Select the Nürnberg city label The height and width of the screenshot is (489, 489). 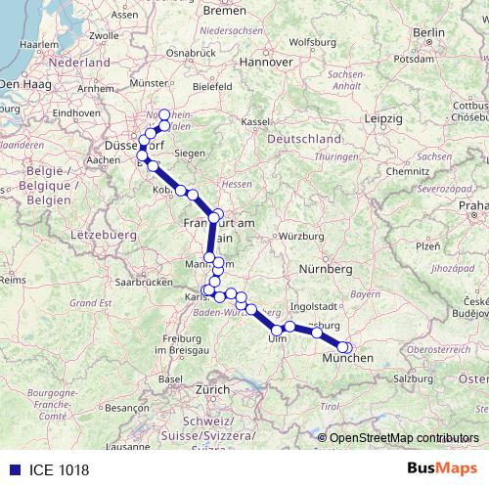[x=325, y=268]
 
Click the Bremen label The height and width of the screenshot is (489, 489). [x=225, y=11]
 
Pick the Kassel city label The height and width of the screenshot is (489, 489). [x=254, y=121]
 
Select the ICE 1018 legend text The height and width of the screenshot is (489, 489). [x=55, y=468]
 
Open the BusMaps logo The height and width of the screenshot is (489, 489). [x=441, y=468]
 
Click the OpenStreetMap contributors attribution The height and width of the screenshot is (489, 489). [x=404, y=437]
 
